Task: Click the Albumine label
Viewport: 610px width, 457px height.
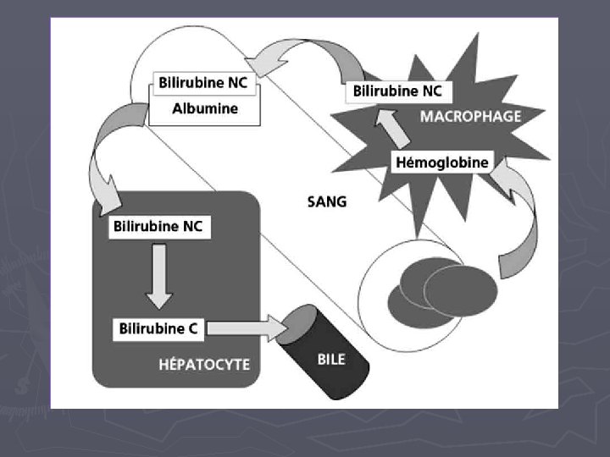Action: tap(205, 108)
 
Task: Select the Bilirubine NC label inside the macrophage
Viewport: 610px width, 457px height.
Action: tap(396, 91)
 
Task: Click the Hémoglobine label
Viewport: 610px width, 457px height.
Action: tap(442, 162)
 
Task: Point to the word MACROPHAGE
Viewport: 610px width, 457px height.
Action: tap(470, 116)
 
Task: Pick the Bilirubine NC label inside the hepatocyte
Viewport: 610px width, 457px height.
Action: tap(158, 227)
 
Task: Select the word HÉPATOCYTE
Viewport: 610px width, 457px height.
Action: tap(204, 365)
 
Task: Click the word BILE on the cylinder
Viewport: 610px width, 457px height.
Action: tap(330, 359)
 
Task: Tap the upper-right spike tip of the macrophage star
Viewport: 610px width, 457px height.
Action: tap(480, 33)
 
